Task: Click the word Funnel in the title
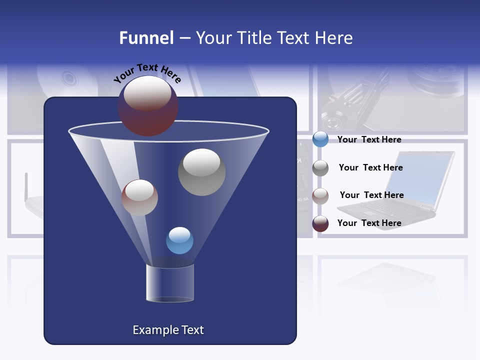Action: pyautogui.click(x=146, y=38)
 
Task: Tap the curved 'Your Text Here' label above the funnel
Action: pyautogui.click(x=147, y=73)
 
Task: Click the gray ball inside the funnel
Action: pyautogui.click(x=201, y=172)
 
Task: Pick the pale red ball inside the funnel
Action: pyautogui.click(x=139, y=198)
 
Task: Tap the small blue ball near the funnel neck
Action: pyautogui.click(x=179, y=240)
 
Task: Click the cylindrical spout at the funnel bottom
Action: pyautogui.click(x=170, y=283)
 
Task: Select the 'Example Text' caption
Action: pyautogui.click(x=168, y=330)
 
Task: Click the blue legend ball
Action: pyautogui.click(x=320, y=139)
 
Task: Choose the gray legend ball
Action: pyautogui.click(x=320, y=167)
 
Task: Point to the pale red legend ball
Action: pyautogui.click(x=320, y=195)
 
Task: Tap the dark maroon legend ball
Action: pyautogui.click(x=320, y=223)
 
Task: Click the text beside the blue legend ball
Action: pyautogui.click(x=369, y=139)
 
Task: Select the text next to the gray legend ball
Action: pyautogui.click(x=370, y=167)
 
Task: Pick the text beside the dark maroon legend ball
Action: pyautogui.click(x=369, y=223)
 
